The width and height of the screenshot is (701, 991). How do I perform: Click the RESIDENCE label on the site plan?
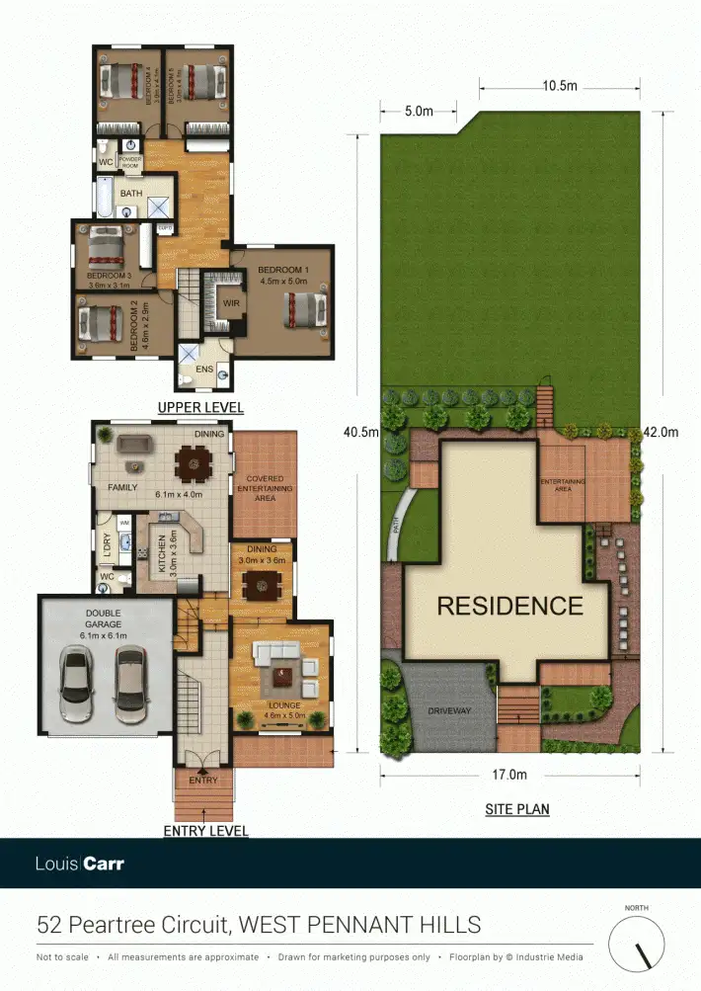tap(509, 605)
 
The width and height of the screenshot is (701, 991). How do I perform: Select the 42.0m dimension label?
tap(660, 432)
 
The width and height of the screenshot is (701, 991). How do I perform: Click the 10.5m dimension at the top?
tap(559, 86)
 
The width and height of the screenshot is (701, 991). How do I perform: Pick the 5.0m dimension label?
tap(419, 112)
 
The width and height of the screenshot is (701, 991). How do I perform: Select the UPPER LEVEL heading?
tap(200, 407)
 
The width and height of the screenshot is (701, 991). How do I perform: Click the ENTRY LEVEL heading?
tap(205, 831)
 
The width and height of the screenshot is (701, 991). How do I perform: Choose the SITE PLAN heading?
tap(516, 809)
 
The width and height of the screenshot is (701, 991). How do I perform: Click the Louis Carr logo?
tap(80, 864)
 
